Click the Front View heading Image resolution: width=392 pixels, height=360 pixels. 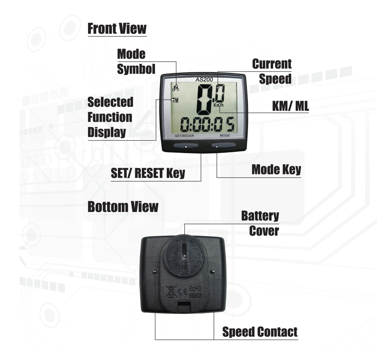pos(117,28)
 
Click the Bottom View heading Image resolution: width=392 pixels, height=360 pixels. pos(123,207)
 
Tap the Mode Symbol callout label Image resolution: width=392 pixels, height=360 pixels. pos(136,62)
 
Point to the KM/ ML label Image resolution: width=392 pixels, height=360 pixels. pos(290,106)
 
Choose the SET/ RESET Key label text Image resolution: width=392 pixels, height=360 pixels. pos(148,173)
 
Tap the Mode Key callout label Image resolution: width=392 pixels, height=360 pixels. pos(276,170)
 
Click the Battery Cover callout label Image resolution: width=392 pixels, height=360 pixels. pos(260,223)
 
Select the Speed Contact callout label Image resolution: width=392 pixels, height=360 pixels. pos(260,332)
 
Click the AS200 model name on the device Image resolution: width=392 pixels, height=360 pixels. pos(204,79)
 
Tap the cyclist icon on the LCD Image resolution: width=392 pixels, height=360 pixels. pos(176,88)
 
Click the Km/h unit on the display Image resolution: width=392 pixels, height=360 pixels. pos(218,105)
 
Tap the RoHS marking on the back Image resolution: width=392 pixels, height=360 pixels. pos(195,289)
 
